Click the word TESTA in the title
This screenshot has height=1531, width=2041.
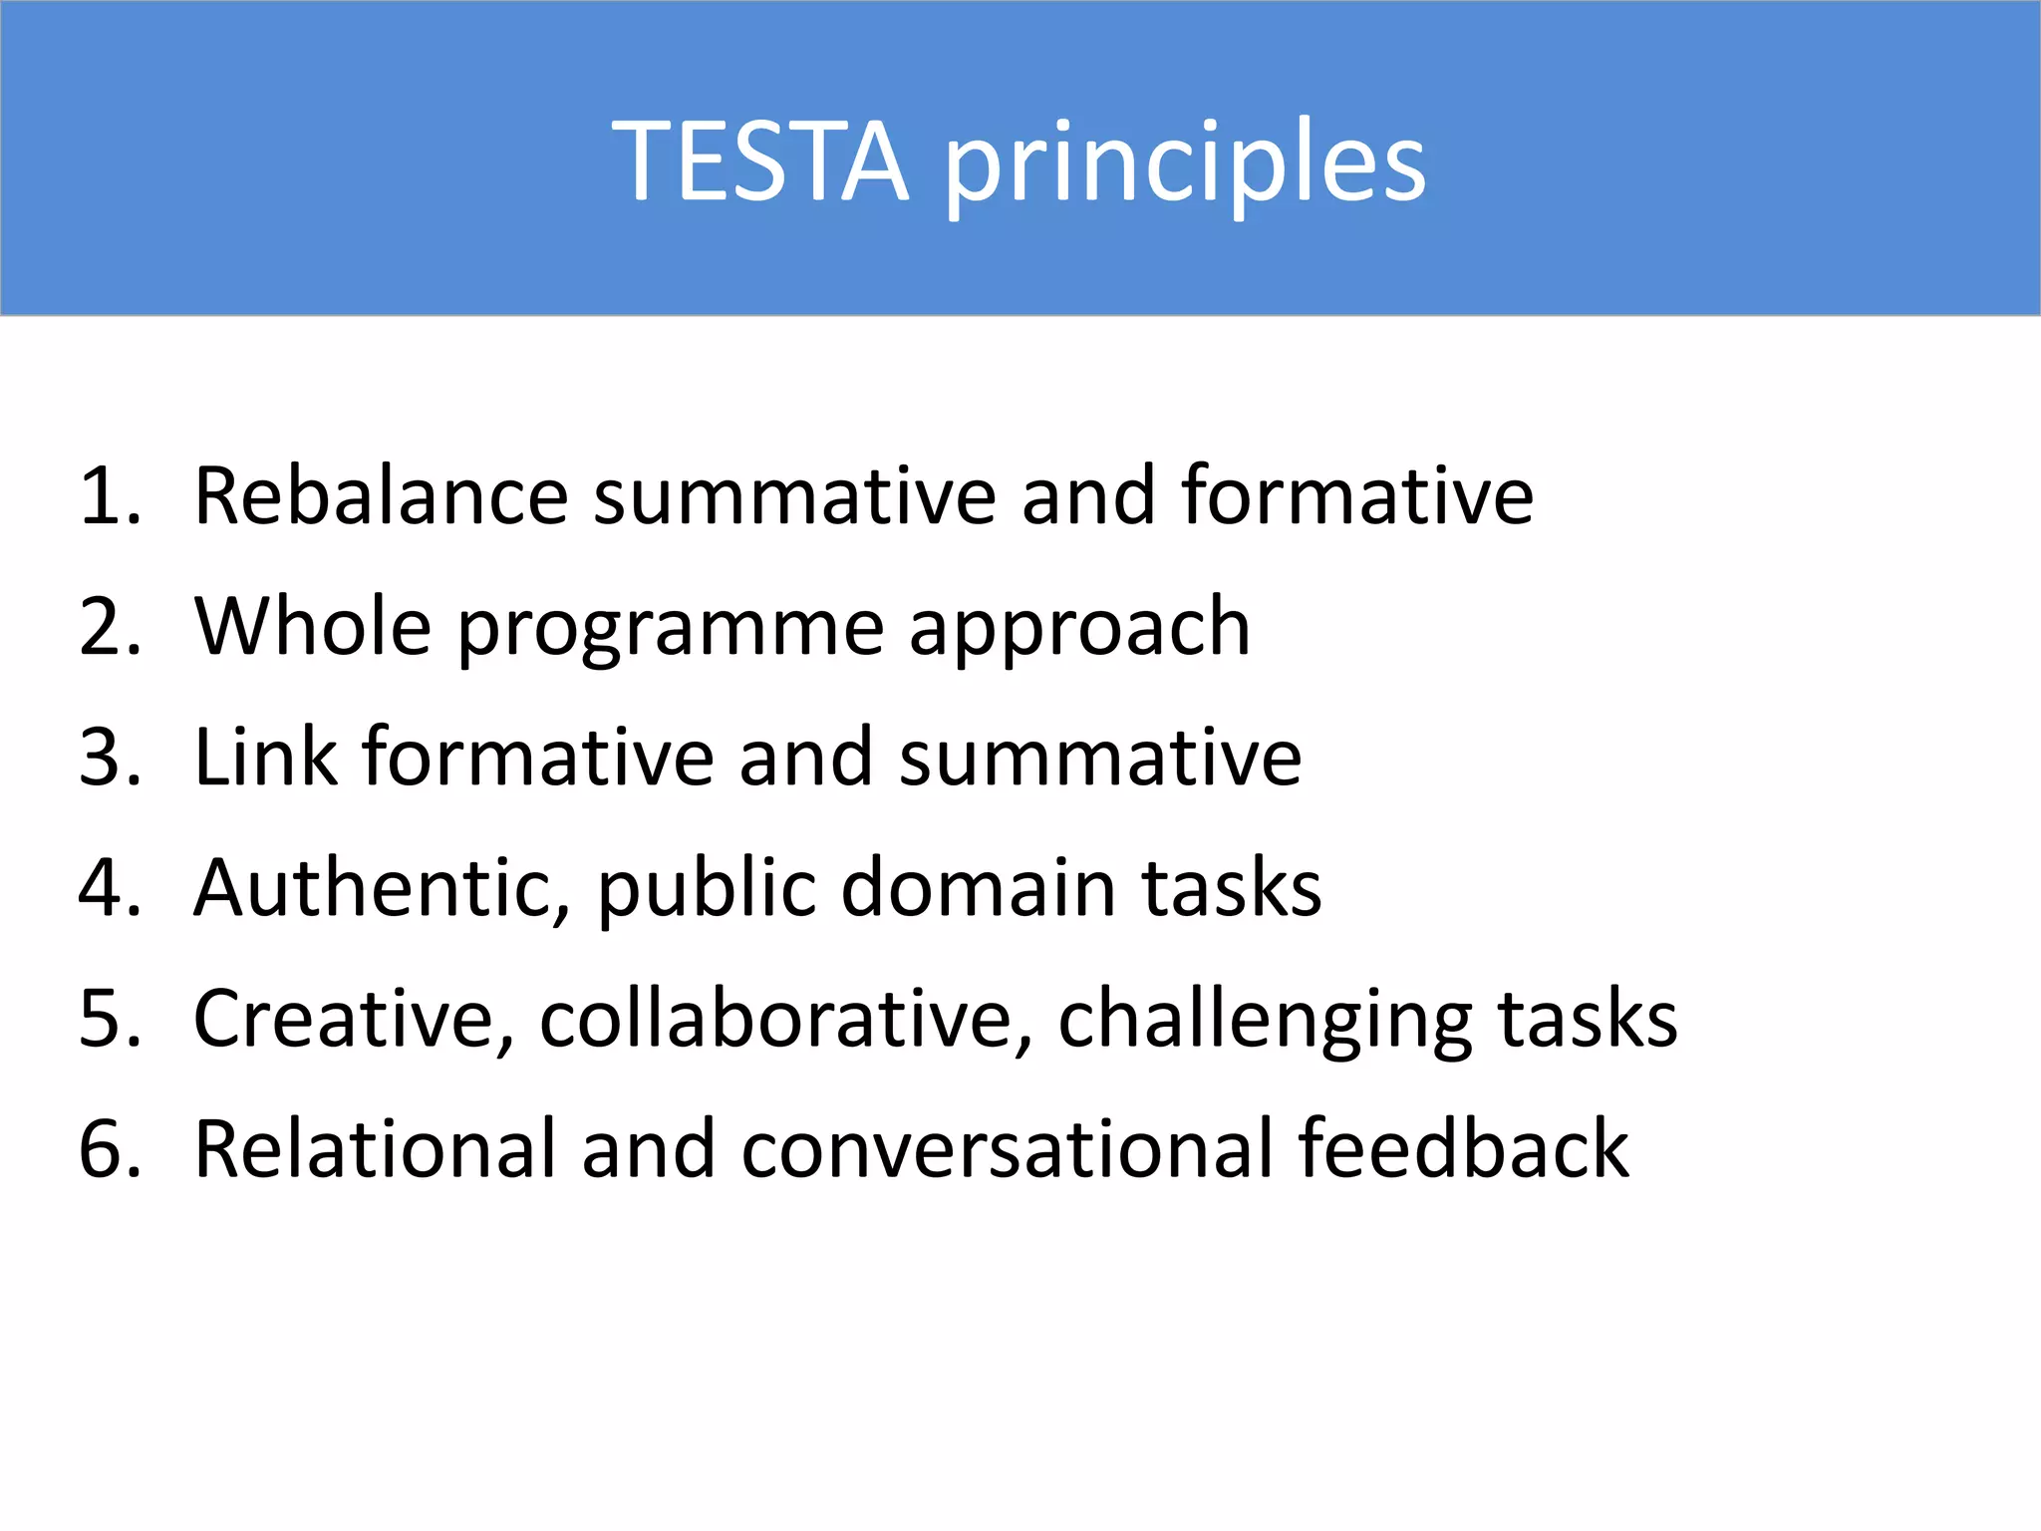760,161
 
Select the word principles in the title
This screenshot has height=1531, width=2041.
1185,165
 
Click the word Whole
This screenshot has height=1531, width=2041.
313,627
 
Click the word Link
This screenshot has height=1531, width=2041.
265,758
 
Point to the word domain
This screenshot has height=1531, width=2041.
978,887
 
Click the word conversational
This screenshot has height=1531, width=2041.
1007,1149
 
